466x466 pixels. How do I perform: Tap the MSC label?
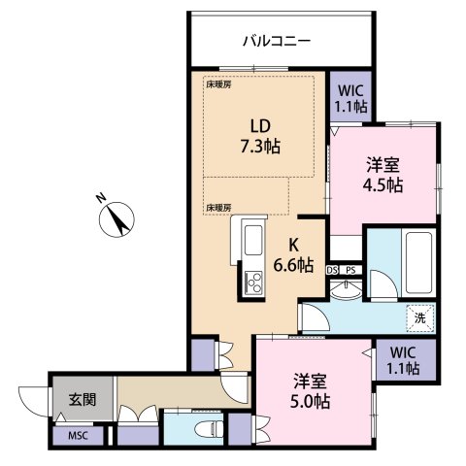78,436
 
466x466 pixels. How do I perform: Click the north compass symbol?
116,218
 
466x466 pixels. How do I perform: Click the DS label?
332,269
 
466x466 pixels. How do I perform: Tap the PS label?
350,269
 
